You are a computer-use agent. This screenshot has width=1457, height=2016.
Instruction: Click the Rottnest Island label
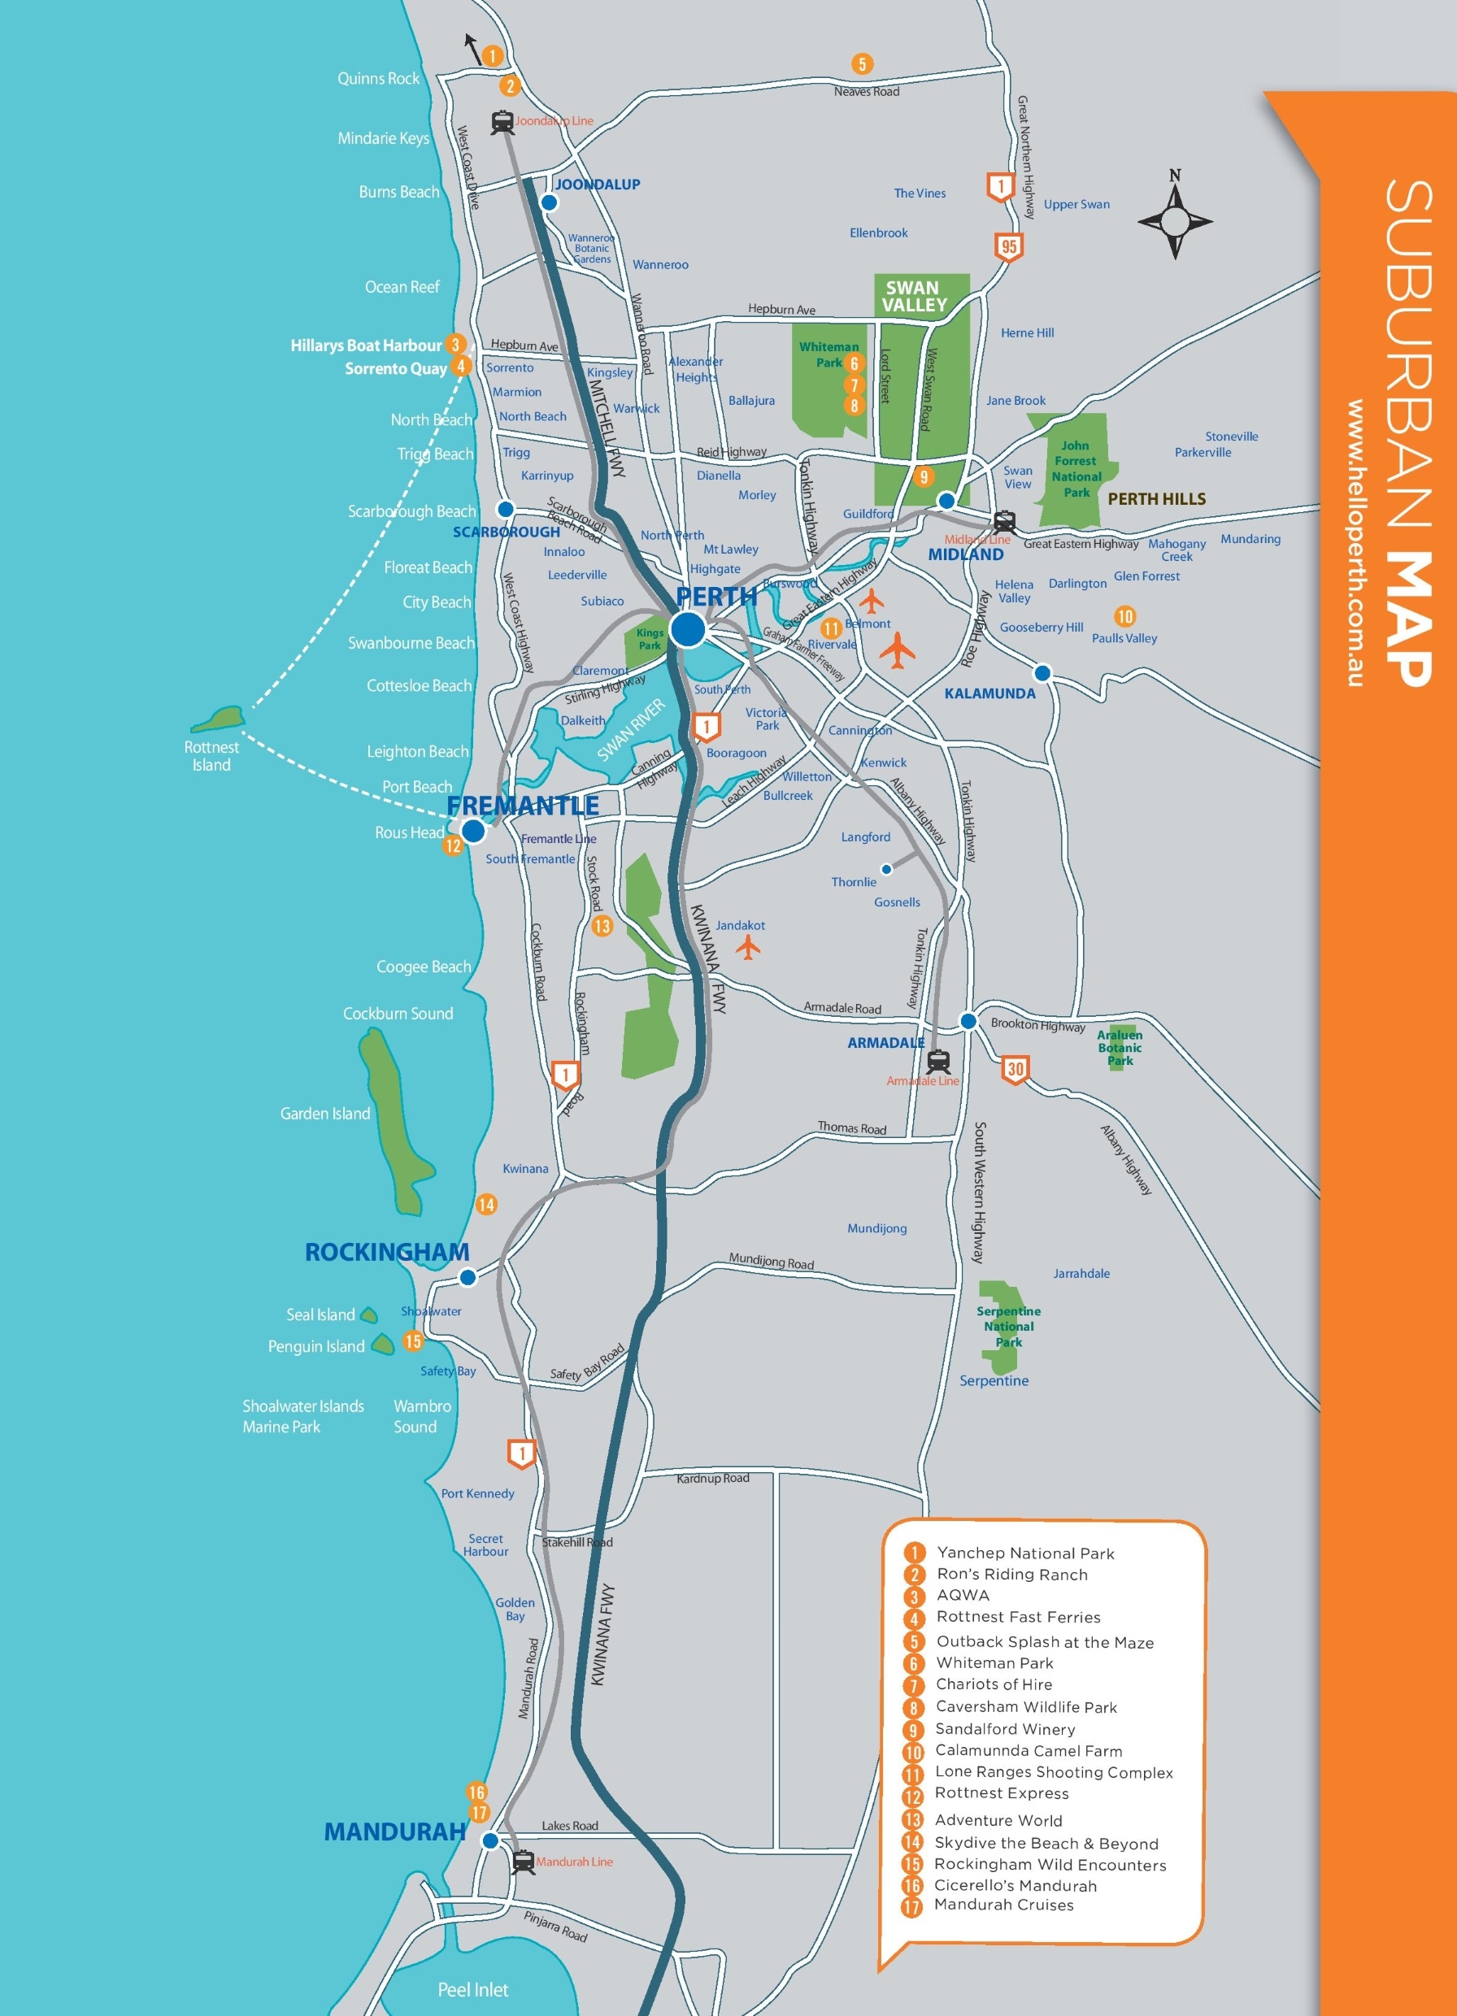[x=211, y=755]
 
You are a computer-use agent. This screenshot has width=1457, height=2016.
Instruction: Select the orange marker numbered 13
[x=602, y=925]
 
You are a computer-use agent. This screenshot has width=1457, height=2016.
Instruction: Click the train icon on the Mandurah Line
[x=524, y=1861]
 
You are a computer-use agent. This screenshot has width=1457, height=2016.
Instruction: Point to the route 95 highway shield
[x=1008, y=246]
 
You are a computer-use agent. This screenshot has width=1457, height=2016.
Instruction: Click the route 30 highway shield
[x=1016, y=1068]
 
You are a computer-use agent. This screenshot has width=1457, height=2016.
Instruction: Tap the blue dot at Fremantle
[x=474, y=831]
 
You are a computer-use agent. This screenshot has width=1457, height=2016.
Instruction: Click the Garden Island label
[x=324, y=1113]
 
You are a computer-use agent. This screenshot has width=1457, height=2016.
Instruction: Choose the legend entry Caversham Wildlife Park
[x=1026, y=1706]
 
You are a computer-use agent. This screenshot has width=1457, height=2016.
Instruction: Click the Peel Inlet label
[x=473, y=1989]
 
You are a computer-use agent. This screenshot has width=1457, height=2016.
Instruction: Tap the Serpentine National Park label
[x=1008, y=1325]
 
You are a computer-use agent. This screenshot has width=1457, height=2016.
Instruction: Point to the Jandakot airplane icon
[x=749, y=948]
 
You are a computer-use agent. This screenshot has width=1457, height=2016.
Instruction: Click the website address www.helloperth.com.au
[x=1354, y=542]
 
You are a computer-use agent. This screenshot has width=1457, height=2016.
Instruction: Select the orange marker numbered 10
[x=1124, y=616]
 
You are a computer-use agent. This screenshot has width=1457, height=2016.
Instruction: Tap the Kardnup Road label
[x=712, y=1478]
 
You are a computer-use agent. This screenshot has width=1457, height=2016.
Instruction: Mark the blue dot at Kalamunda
[x=1042, y=673]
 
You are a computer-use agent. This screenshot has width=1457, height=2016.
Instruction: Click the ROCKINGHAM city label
[x=387, y=1252]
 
